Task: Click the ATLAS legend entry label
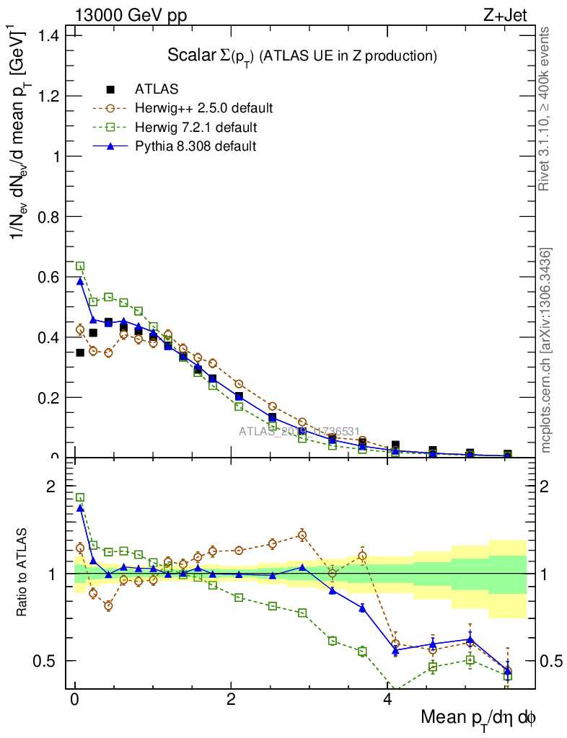tap(157, 89)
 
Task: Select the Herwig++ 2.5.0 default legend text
tap(203, 109)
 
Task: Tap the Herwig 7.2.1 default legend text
tap(195, 128)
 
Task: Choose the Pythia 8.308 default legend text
tap(195, 146)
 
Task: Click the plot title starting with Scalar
tap(302, 55)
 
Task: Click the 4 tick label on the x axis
tap(387, 699)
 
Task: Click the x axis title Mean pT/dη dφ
tap(478, 718)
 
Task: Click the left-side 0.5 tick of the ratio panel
tap(47, 661)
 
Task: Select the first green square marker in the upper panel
tap(80, 266)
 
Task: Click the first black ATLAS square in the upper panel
tap(80, 352)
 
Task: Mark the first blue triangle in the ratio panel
tap(80, 507)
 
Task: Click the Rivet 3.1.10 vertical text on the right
tap(545, 108)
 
